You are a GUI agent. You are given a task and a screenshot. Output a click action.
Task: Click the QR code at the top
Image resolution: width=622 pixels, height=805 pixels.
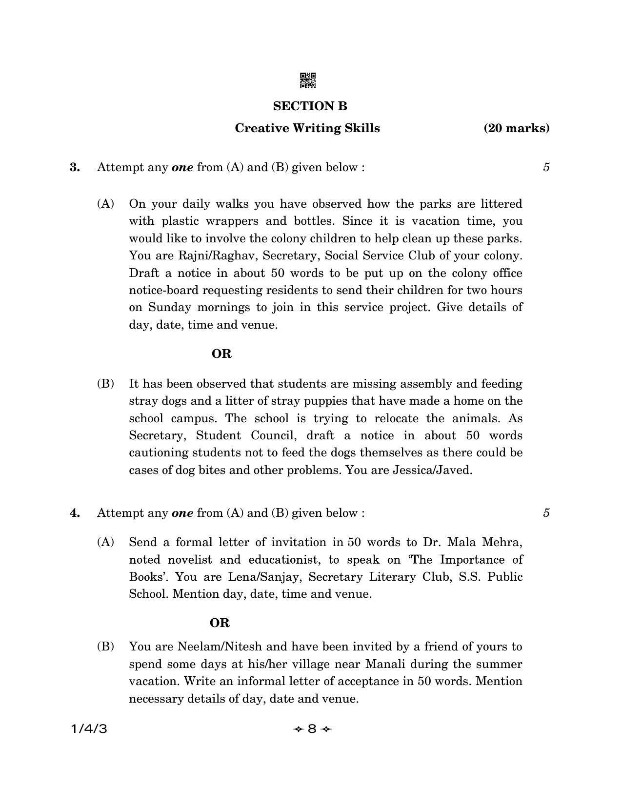(308, 80)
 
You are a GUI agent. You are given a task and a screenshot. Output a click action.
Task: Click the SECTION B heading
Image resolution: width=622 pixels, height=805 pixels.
(310, 106)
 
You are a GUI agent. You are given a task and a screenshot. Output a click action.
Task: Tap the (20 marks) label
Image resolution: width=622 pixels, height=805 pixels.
(516, 128)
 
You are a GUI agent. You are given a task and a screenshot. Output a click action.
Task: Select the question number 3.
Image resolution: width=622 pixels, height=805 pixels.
(75, 167)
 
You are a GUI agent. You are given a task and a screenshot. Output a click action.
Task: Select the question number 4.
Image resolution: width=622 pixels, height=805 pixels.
(75, 513)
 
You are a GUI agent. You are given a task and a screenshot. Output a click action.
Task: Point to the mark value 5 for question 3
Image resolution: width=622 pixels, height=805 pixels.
(546, 167)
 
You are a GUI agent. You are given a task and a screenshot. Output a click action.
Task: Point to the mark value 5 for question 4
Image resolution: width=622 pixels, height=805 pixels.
(546, 513)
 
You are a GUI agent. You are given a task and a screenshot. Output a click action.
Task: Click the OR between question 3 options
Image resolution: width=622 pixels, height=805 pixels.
(221, 354)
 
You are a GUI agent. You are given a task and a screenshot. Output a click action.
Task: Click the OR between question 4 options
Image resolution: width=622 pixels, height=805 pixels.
(220, 623)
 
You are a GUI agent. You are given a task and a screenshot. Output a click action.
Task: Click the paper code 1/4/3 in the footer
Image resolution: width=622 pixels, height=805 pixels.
(89, 729)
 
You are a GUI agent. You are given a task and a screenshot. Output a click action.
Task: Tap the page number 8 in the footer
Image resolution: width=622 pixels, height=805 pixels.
(312, 729)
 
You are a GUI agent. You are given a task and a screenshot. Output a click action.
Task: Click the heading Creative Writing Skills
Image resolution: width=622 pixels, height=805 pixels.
(307, 128)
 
